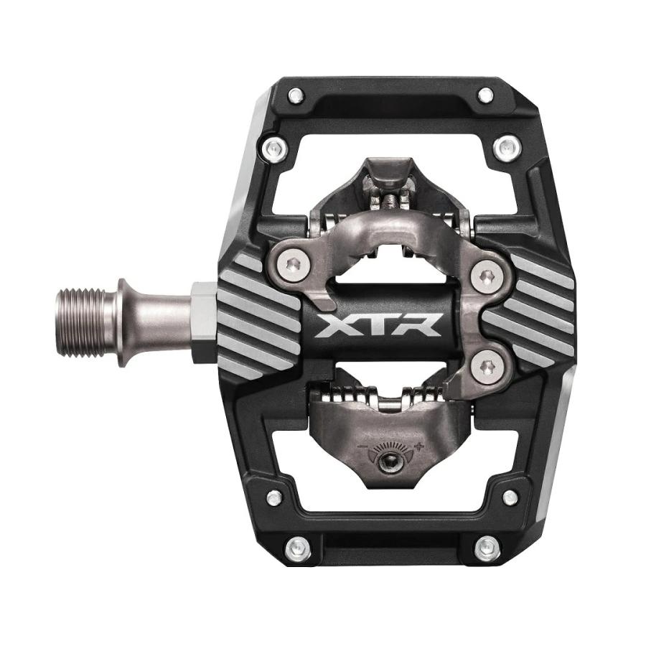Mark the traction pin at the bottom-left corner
pyautogui.click(x=295, y=550)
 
